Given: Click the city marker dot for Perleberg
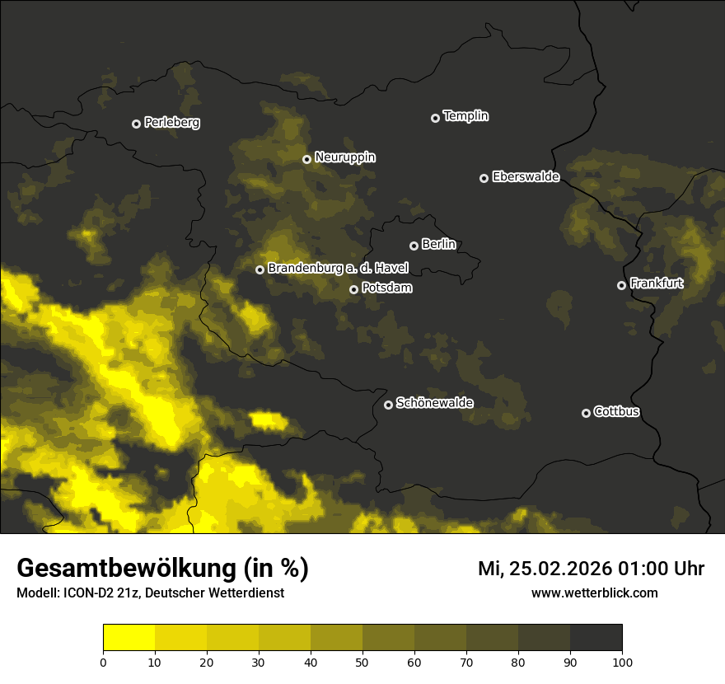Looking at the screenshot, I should pos(136,124).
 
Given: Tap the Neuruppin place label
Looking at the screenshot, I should pos(345,157).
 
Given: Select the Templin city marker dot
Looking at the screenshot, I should pos(435,118).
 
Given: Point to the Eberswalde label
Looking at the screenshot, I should pos(526,176).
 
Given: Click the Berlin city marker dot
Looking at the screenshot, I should pos(414,246).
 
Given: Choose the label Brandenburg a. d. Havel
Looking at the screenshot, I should pos(338,269).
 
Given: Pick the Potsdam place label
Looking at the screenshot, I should pos(386,288).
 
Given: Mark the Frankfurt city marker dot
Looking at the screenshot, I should pos(621,285).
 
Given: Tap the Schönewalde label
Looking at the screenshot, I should pos(434,403).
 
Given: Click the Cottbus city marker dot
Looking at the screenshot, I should pos(586,413).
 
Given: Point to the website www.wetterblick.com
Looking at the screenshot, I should pos(594,593).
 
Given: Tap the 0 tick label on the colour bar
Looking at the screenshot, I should pos(103,662).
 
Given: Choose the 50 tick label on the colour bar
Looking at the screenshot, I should pos(362,662).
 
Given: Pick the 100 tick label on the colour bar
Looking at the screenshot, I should pos(622,662).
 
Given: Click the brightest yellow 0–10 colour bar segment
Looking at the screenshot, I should pos(129,638).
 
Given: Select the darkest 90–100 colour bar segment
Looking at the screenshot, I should pos(596,638).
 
